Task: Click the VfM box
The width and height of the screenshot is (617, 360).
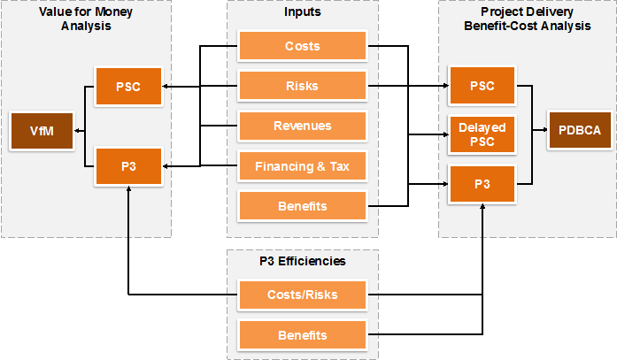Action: [x=42, y=131]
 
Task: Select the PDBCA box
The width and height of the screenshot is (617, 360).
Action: [x=580, y=130]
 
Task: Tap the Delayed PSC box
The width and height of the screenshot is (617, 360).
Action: [x=482, y=134]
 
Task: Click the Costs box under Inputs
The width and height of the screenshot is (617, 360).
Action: [x=302, y=46]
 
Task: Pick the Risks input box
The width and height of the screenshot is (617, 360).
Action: [x=302, y=86]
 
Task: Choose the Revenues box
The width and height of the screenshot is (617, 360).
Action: [x=302, y=126]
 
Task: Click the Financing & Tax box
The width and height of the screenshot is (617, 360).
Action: [x=302, y=166]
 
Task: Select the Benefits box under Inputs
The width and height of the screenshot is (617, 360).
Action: [x=302, y=206]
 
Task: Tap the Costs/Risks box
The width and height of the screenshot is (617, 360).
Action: [x=302, y=295]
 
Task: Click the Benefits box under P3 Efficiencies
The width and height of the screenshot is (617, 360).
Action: [x=302, y=335]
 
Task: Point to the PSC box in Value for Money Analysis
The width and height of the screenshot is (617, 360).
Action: [x=128, y=87]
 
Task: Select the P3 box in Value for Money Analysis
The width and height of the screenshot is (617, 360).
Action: [x=128, y=166]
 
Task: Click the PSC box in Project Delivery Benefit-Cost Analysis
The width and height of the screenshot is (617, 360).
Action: [x=482, y=86]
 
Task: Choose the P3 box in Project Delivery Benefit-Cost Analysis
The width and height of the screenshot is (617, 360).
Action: [x=482, y=184]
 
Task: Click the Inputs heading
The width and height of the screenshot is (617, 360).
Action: [x=302, y=11]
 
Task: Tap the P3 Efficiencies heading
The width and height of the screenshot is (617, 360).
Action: [x=302, y=261]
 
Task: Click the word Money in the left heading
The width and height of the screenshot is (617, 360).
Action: [x=113, y=11]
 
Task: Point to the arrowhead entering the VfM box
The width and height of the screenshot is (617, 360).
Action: [x=77, y=131]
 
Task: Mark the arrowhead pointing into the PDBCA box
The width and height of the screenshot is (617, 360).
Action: [x=545, y=130]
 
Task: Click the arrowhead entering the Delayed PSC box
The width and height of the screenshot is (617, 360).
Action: [x=446, y=134]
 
